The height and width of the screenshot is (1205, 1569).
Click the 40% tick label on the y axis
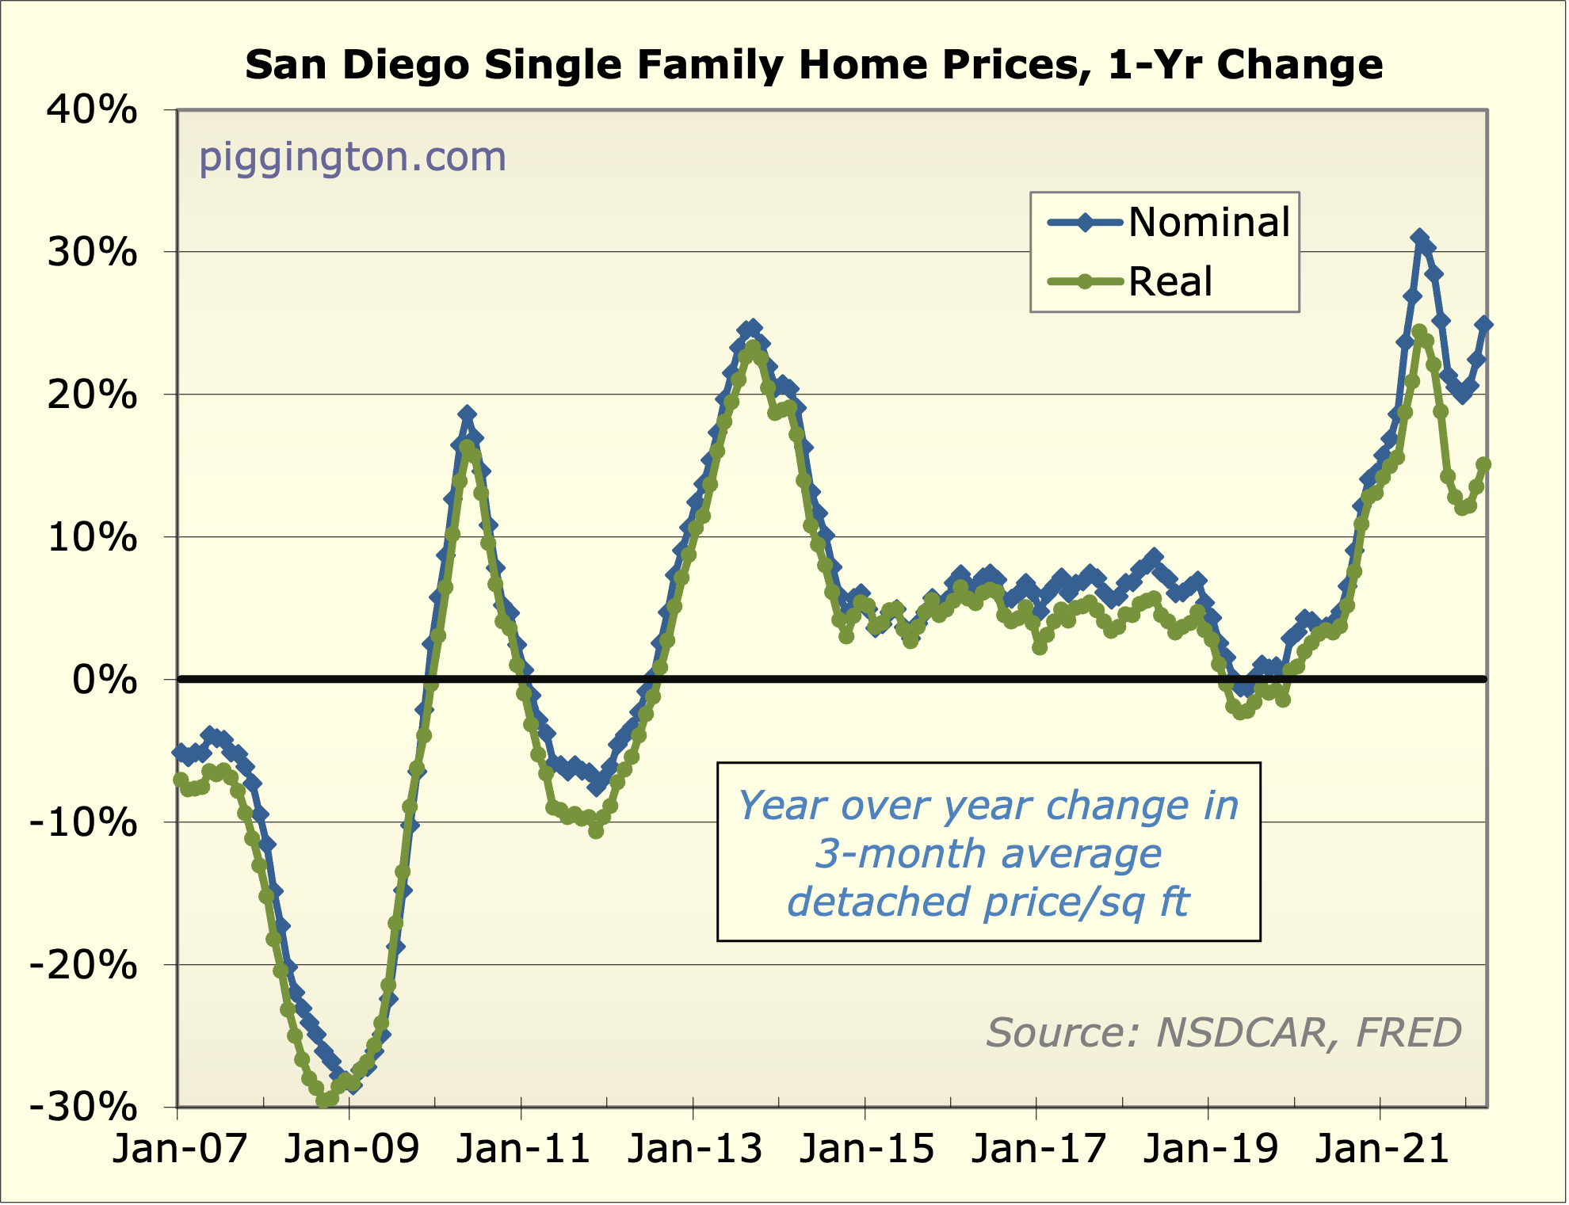[92, 110]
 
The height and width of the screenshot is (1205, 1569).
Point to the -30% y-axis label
[83, 1107]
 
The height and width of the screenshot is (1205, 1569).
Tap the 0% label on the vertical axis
[105, 680]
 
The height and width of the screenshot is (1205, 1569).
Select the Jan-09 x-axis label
[351, 1149]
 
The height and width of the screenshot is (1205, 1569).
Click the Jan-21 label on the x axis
[1382, 1149]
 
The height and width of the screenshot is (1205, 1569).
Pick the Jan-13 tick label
[695, 1149]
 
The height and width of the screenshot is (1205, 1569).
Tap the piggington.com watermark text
[352, 157]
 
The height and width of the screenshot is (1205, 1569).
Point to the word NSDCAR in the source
[1241, 1032]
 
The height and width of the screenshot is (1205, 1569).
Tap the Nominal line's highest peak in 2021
[1418, 238]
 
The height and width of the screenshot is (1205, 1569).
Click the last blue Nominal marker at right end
[1484, 324]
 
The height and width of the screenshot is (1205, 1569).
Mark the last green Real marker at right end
[1483, 465]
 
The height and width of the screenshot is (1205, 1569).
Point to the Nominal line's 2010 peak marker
[467, 414]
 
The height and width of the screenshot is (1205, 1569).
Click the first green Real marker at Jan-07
[181, 780]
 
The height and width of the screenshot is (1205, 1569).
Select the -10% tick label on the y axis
[83, 822]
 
